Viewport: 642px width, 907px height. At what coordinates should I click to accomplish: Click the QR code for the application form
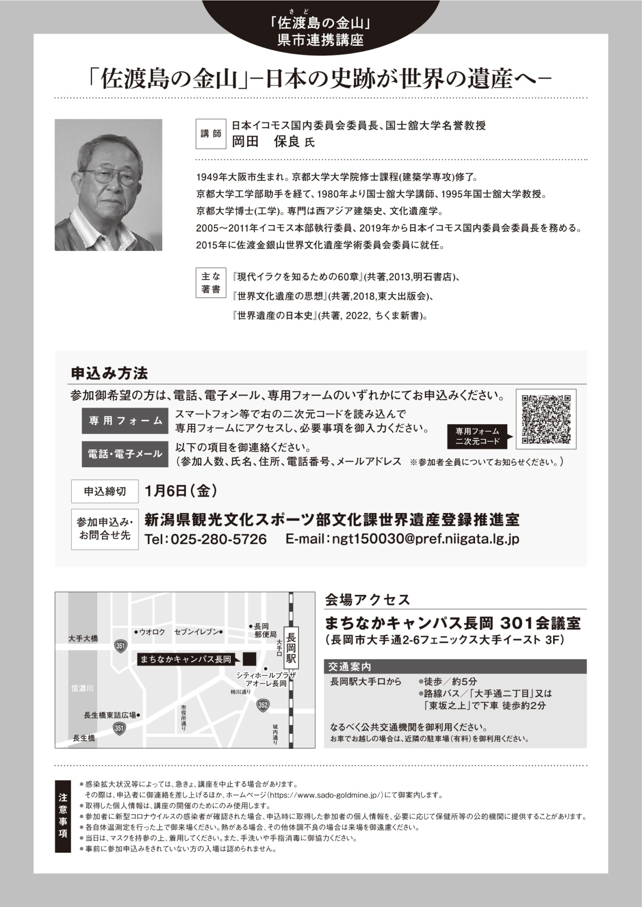546,419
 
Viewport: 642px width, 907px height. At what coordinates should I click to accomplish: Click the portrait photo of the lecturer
108,185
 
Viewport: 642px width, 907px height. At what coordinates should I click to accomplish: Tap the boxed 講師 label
211,134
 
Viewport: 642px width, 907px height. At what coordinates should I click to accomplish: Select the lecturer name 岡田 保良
266,142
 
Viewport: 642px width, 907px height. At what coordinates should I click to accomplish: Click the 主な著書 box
211,283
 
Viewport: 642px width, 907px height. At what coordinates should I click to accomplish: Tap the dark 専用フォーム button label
125,421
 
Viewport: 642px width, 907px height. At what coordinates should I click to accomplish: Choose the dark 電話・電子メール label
125,454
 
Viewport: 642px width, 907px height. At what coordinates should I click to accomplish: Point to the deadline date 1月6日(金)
182,491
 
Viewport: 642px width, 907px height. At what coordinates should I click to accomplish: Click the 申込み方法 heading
109,374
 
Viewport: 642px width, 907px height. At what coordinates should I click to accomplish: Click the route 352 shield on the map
263,705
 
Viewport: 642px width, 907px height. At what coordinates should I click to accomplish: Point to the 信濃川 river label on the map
82,688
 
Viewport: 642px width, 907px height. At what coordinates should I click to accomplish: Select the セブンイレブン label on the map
197,632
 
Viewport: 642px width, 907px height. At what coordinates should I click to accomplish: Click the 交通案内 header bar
455,667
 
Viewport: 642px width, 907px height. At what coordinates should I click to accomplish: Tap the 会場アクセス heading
367,600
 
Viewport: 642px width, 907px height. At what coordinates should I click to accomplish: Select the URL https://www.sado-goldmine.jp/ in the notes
324,795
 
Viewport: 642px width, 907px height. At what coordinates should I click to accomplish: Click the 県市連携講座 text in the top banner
321,40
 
